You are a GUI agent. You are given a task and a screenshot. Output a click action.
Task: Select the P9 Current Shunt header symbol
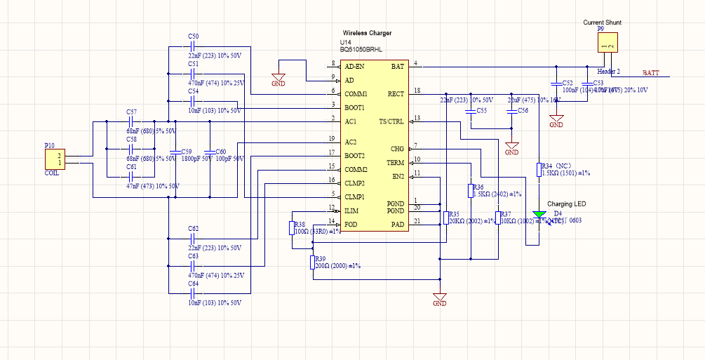tap(608, 43)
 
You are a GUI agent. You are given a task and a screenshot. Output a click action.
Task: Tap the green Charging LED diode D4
tap(539, 214)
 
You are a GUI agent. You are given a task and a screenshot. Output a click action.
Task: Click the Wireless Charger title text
tap(367, 33)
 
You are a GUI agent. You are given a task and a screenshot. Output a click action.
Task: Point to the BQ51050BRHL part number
tap(361, 50)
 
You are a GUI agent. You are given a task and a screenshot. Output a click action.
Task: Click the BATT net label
tap(652, 72)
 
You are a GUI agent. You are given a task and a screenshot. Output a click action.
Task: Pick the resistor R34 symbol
tap(539, 170)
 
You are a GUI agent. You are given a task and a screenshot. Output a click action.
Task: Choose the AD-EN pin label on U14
tap(354, 66)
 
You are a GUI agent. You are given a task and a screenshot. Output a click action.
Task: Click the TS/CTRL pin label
tap(391, 121)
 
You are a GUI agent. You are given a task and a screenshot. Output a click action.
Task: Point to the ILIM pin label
tap(351, 211)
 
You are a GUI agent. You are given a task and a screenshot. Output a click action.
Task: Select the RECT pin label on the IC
tap(396, 93)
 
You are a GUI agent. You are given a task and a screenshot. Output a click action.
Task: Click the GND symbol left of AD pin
tap(278, 79)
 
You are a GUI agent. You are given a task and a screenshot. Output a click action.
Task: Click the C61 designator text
tap(131, 167)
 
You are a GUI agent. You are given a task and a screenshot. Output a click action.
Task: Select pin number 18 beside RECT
tap(417, 91)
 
